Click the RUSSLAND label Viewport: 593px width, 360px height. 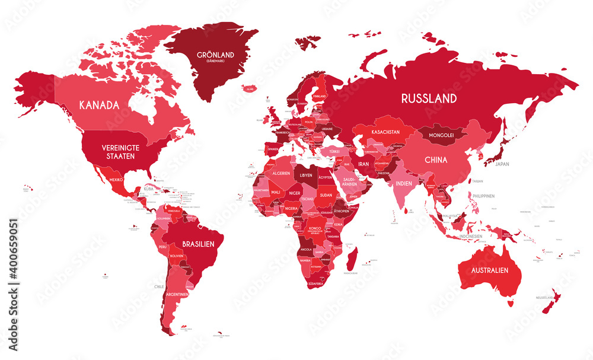tap(429, 98)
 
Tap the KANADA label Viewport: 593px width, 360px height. tap(99, 105)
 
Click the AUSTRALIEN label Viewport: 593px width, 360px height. tap(489, 270)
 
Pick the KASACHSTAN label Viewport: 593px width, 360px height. tap(385, 131)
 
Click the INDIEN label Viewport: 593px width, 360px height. tap(403, 184)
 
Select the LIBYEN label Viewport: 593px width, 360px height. tap(306, 176)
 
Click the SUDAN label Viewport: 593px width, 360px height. tap(326, 193)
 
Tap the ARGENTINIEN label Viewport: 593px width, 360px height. tap(177, 294)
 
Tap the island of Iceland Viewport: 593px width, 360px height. tap(250, 88)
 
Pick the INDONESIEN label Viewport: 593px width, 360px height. tap(471, 236)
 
